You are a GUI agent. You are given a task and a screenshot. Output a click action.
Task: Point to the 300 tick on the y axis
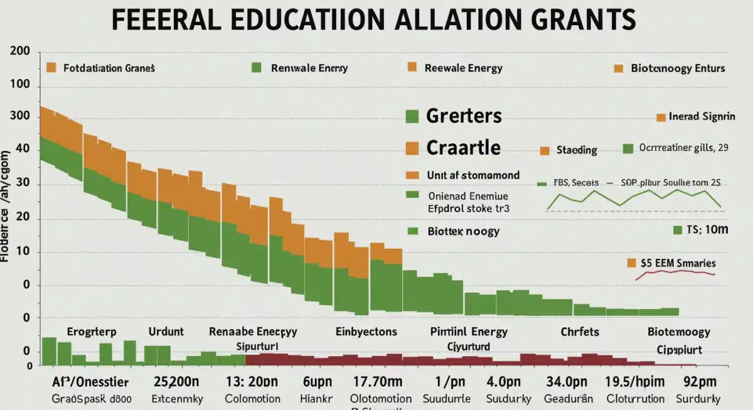pyautogui.click(x=21, y=117)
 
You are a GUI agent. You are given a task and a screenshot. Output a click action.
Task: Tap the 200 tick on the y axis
pyautogui.click(x=21, y=52)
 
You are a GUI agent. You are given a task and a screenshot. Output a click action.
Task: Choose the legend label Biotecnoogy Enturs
pyautogui.click(x=678, y=68)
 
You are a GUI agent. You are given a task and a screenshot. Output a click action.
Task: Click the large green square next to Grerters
pyautogui.click(x=412, y=116)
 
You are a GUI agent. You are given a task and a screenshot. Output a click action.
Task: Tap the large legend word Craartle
pyautogui.click(x=463, y=147)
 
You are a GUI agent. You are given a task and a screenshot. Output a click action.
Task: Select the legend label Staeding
pyautogui.click(x=577, y=150)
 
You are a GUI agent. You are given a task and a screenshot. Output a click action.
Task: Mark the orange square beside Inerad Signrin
pyautogui.click(x=660, y=117)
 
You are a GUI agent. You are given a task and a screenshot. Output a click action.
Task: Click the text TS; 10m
pyautogui.click(x=707, y=230)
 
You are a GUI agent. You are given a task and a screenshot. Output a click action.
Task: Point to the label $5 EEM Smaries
pyautogui.click(x=678, y=263)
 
